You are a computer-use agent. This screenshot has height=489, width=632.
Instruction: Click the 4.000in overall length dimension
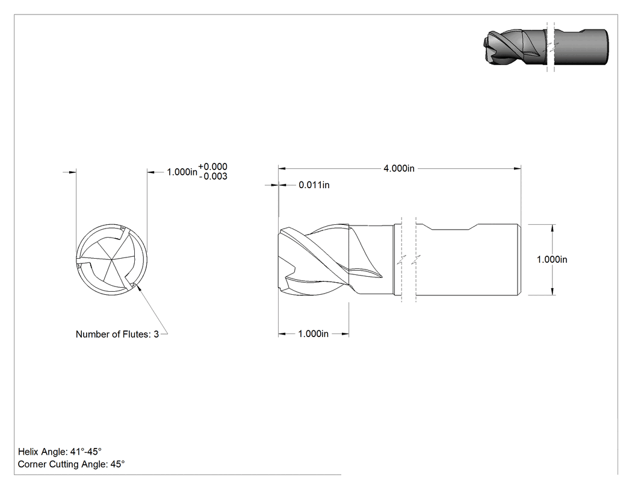(398, 168)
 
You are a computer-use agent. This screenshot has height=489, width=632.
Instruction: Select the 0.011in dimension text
(314, 185)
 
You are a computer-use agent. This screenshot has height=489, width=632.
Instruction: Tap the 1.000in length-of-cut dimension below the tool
(313, 334)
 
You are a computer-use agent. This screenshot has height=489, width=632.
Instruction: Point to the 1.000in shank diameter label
(552, 260)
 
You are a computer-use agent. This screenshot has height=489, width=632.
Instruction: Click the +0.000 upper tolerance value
(213, 167)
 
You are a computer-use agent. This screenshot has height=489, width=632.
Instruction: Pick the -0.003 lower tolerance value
(213, 177)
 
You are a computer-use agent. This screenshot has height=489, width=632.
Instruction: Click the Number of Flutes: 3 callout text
(117, 335)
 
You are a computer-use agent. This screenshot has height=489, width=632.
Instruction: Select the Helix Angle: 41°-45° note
(60, 452)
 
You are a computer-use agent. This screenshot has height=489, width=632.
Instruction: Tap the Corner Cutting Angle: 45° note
(72, 464)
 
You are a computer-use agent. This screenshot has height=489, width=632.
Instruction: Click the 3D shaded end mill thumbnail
(546, 46)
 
